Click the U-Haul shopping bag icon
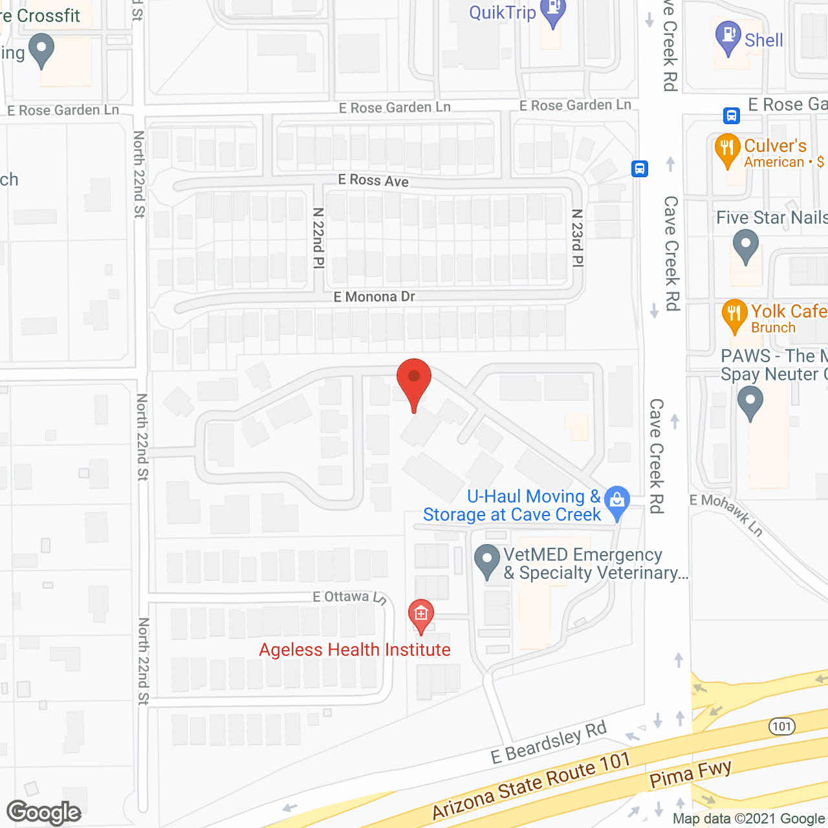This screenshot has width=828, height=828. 617,502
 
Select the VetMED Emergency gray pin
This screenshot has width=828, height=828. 487,561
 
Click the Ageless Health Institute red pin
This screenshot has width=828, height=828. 421,615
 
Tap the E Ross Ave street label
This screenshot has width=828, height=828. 373,180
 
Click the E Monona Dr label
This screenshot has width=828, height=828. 374,297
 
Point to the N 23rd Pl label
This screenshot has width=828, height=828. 578,237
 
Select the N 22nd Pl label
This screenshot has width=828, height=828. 318,237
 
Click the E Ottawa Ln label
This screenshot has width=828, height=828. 349,597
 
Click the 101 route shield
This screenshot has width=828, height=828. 781,726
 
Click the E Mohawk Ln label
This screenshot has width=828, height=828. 726,514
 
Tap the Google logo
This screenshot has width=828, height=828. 44,812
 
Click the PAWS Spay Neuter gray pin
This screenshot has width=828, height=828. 750,402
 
